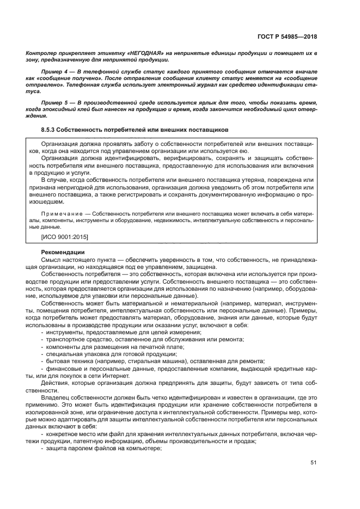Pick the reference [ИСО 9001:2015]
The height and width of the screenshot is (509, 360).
tap(65, 238)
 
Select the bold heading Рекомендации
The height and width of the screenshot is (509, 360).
tap(63, 252)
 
